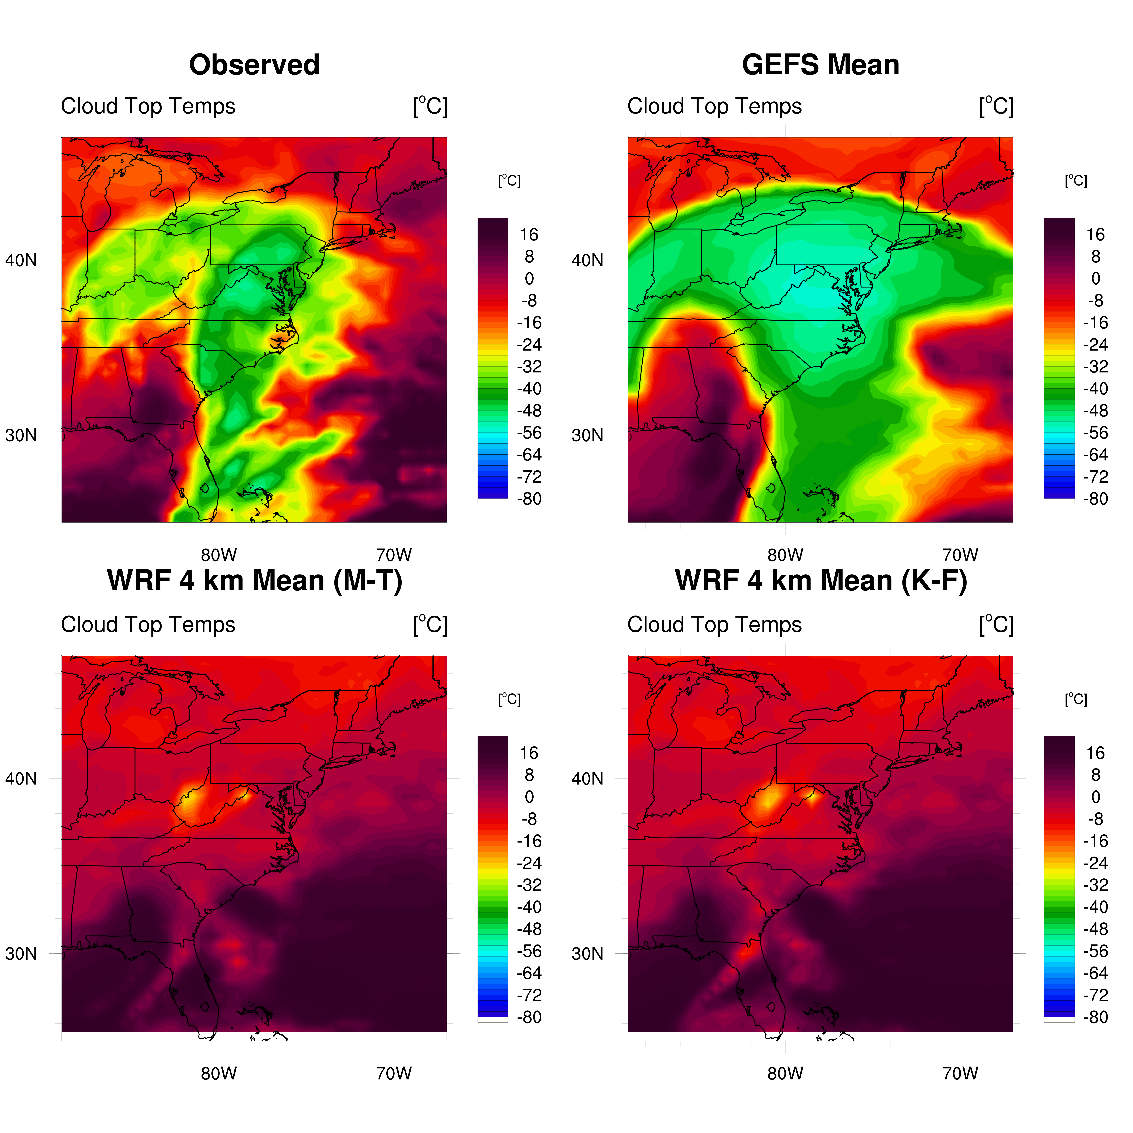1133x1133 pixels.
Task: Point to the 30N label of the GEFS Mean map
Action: click(x=587, y=435)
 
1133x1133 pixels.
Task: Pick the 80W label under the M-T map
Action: click(x=219, y=1073)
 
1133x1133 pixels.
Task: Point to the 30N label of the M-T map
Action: click(x=21, y=954)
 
